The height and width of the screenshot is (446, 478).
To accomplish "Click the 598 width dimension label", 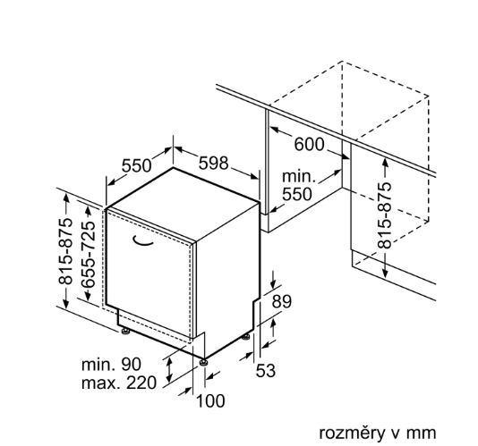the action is [x=213, y=164].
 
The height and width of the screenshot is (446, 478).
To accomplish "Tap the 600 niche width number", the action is [x=309, y=144].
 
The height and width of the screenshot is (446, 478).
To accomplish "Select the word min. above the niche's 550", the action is [x=298, y=177].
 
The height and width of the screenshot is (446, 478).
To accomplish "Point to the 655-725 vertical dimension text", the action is [x=89, y=254].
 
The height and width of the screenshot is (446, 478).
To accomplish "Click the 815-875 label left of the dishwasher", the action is [x=66, y=251].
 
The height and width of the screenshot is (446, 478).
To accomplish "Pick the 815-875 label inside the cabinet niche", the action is [x=384, y=215].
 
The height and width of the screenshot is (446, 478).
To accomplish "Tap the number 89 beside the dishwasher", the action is [x=281, y=301].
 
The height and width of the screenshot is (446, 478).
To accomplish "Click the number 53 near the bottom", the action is [x=265, y=371].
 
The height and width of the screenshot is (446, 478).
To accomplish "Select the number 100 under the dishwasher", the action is [x=210, y=400].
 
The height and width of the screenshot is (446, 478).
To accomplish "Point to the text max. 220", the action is [x=119, y=383].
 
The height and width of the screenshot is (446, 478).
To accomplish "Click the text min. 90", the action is [x=111, y=364].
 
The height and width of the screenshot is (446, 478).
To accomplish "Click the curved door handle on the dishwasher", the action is [x=142, y=240].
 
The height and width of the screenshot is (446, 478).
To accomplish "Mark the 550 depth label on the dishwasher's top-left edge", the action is [x=137, y=166].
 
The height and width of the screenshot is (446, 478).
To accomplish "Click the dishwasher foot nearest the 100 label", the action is [x=203, y=362].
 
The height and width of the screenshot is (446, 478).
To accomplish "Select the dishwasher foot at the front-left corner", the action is [x=125, y=332].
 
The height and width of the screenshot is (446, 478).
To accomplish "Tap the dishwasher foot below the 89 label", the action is [x=246, y=336].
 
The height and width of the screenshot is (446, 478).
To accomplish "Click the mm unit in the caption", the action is [x=423, y=433].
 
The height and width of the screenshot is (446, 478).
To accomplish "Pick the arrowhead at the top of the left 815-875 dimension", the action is [x=66, y=197].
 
